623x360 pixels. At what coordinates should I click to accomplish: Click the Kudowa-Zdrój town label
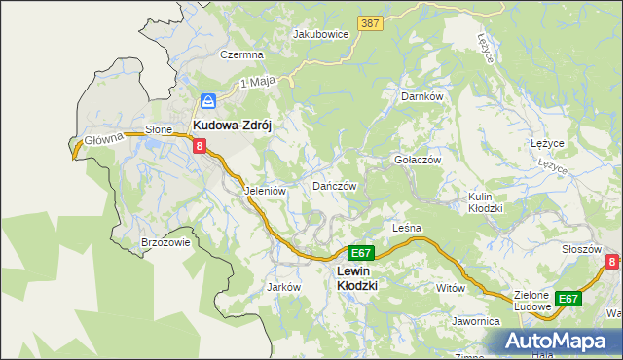coord(238,126)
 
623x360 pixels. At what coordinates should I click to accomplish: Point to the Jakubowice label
coord(321,33)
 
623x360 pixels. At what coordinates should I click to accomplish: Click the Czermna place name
coord(242,55)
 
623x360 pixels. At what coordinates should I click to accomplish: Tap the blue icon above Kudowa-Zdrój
coord(209,100)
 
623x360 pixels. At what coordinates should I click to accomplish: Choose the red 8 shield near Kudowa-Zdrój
coord(200,146)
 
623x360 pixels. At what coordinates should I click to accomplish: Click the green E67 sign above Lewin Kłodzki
coord(360,251)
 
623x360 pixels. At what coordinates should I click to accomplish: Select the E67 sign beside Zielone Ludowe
coord(568,299)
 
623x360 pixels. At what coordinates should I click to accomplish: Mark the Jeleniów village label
coord(265,192)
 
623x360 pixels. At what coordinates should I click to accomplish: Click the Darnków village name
coord(422,97)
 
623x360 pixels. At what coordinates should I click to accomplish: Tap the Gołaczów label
coord(418,160)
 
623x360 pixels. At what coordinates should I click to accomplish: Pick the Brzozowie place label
coord(165,243)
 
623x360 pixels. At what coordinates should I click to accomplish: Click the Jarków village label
coord(283,288)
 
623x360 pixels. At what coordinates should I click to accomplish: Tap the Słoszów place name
coord(581,249)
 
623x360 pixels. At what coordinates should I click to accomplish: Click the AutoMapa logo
coord(558,342)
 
